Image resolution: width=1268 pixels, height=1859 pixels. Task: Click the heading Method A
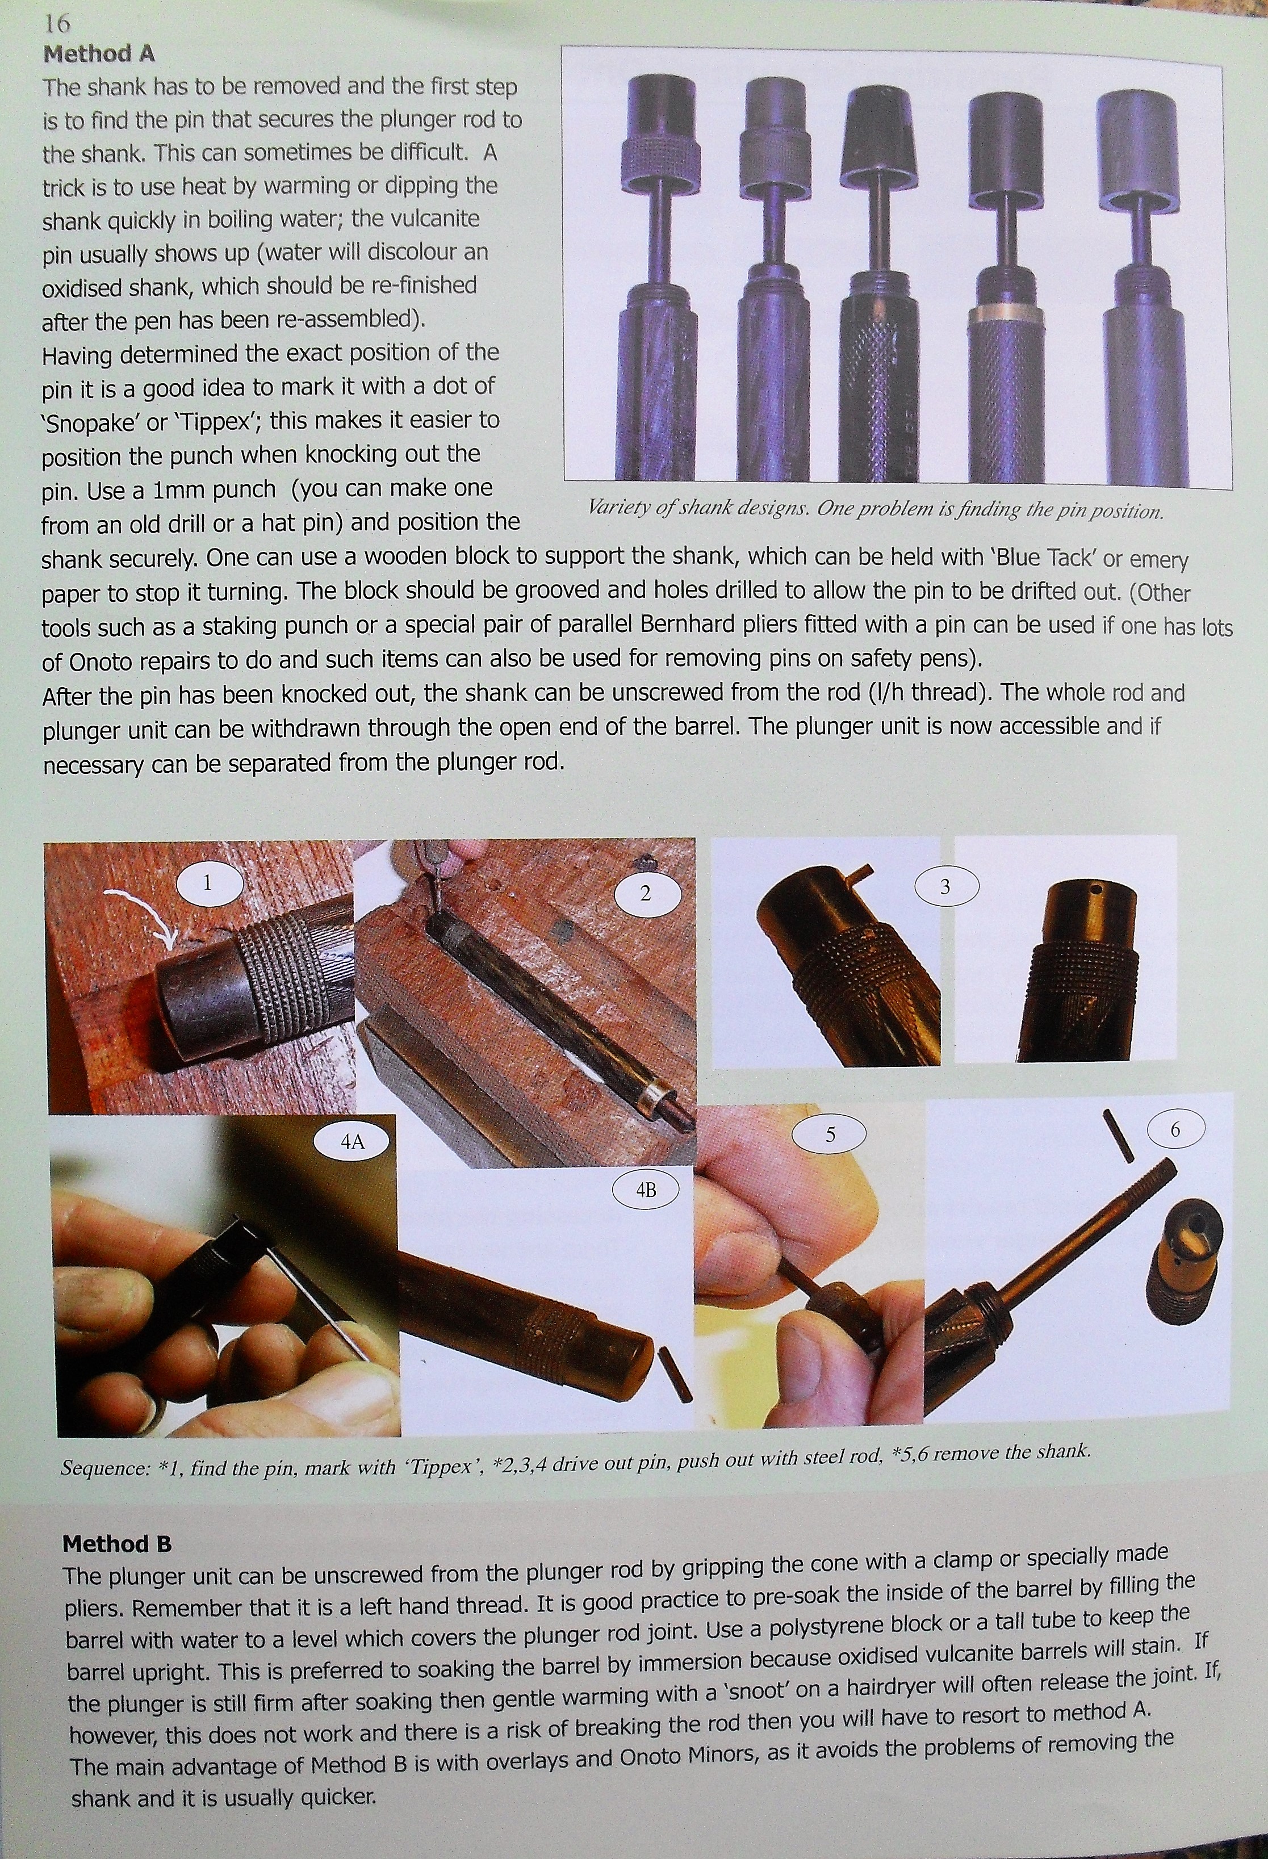pyautogui.click(x=99, y=55)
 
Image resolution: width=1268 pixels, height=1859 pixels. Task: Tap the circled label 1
pyautogui.click(x=207, y=883)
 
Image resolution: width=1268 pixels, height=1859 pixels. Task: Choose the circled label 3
pyautogui.click(x=945, y=887)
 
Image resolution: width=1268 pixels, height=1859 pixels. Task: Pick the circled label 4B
pyautogui.click(x=646, y=1190)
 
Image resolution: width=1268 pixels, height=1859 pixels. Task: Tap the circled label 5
pyautogui.click(x=830, y=1135)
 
